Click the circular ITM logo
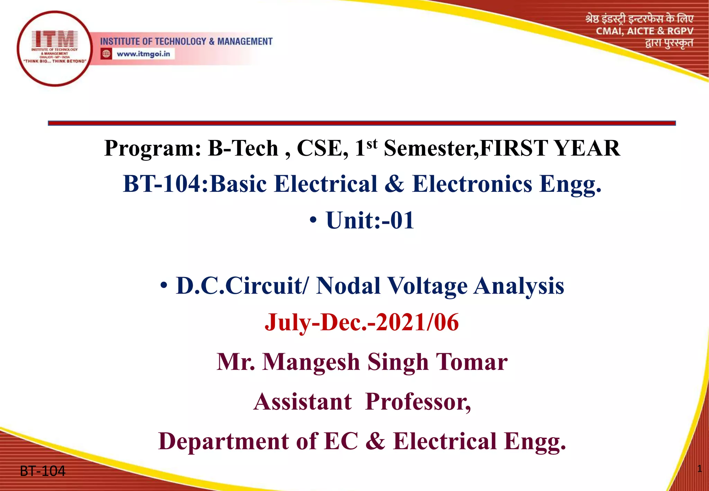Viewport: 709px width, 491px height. click(54, 48)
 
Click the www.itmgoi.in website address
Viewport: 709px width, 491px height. click(143, 54)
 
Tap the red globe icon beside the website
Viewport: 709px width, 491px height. click(106, 54)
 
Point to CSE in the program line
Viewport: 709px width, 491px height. click(322, 148)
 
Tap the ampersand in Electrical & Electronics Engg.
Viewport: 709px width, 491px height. click(394, 184)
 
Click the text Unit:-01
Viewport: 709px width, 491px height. click(370, 220)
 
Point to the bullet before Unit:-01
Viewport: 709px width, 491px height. click(313, 221)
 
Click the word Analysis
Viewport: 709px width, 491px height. click(519, 286)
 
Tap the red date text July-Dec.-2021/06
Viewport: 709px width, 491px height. click(362, 322)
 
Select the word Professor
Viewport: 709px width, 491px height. click(418, 402)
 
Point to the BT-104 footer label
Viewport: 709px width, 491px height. click(42, 471)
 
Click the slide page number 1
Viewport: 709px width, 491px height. click(699, 469)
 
